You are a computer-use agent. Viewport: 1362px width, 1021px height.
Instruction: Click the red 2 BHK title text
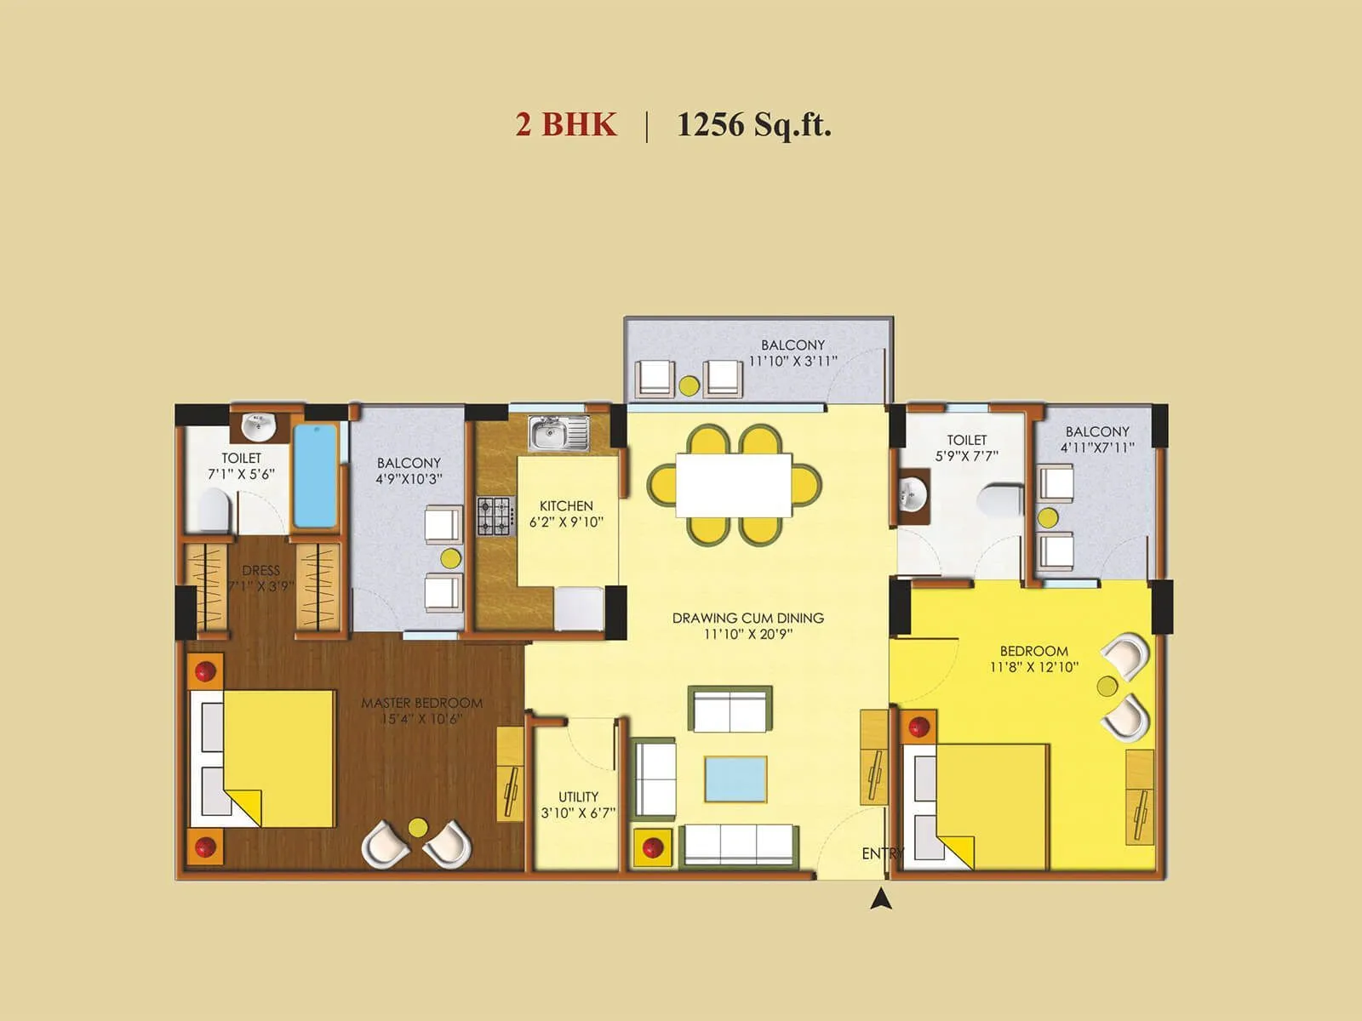[x=565, y=124]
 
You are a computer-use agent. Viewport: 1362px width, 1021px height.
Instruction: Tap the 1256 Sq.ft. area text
[x=753, y=124]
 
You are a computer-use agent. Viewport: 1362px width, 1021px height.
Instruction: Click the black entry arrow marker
[x=881, y=898]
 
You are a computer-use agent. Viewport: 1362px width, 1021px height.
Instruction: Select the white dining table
[x=734, y=485]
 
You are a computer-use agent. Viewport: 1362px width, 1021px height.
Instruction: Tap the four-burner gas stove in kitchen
[x=495, y=516]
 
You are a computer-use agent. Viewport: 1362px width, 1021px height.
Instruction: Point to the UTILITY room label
[x=578, y=797]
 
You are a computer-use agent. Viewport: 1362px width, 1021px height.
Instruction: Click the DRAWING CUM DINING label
[x=748, y=618]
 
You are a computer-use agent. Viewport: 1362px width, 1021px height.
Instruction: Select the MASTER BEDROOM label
[x=421, y=703]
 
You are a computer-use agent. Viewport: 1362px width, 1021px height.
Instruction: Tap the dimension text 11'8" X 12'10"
[x=1033, y=667]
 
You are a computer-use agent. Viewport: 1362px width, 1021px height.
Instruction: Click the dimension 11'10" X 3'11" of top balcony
[x=793, y=361]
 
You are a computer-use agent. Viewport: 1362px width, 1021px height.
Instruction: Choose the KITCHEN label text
[x=566, y=505]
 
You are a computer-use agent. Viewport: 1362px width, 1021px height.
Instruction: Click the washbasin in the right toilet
[x=913, y=495]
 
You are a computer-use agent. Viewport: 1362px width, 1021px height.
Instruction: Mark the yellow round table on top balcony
[x=689, y=385]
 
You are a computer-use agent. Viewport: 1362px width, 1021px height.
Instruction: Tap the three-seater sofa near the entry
[x=738, y=843]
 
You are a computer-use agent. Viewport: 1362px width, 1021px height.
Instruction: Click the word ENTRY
[x=882, y=853]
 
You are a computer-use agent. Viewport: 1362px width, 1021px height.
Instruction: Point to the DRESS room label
[x=260, y=571]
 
